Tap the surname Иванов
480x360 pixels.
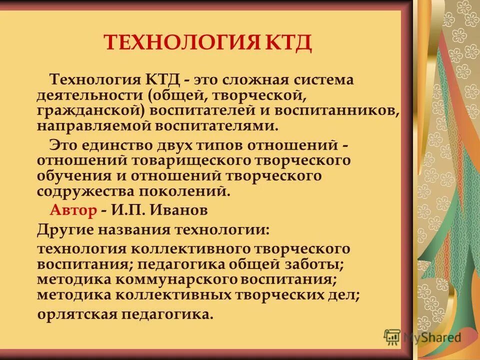(x=178, y=210)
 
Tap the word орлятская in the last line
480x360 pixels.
(x=77, y=314)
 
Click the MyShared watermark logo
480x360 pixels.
(x=422, y=337)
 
